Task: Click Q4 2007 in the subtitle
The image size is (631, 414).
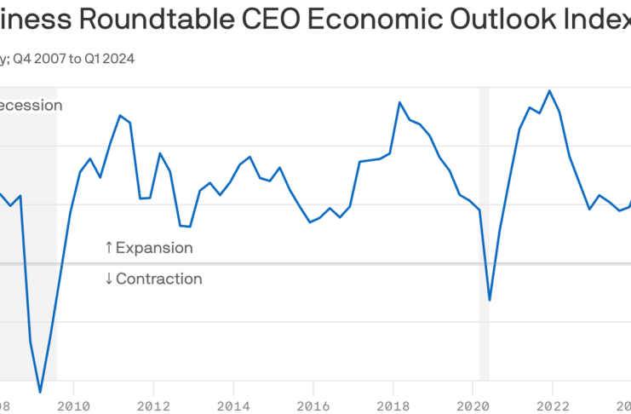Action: pyautogui.click(x=37, y=59)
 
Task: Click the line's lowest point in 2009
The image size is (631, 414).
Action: pyautogui.click(x=40, y=393)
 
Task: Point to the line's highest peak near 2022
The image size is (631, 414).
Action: pyautogui.click(x=549, y=90)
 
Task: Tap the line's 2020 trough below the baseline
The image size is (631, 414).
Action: pyautogui.click(x=490, y=300)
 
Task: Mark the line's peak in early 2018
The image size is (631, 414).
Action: pyautogui.click(x=399, y=102)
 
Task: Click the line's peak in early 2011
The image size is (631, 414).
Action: pyautogui.click(x=120, y=115)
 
